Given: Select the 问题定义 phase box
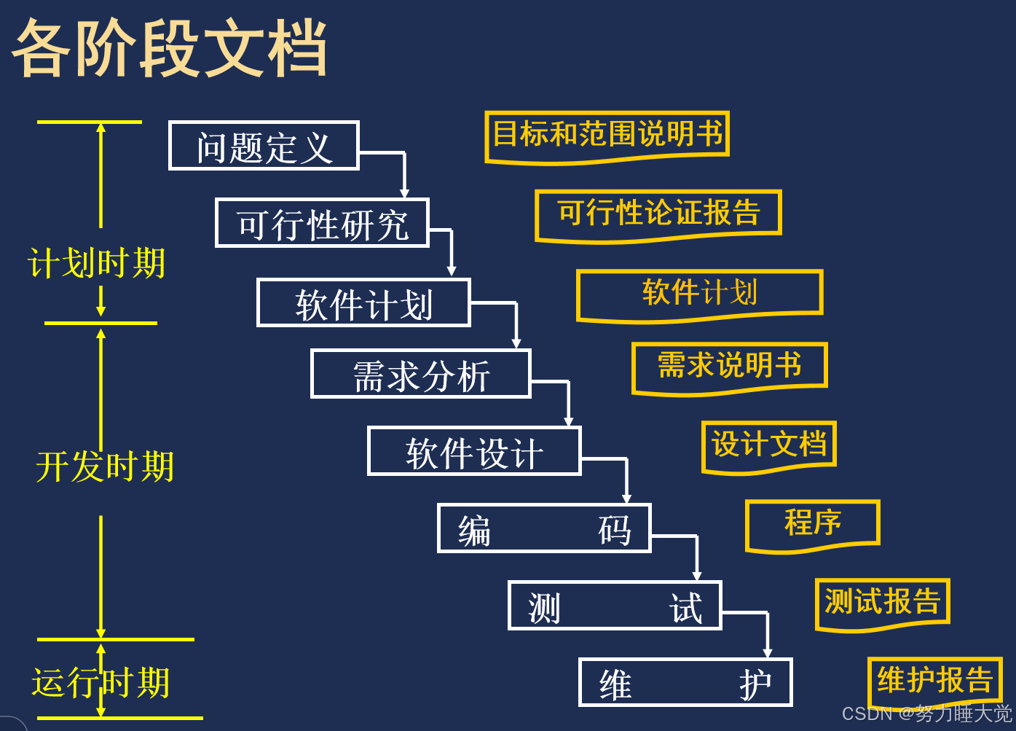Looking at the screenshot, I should tap(264, 146).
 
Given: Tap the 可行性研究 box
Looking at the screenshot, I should tap(322, 223).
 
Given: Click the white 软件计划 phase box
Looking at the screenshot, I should tap(363, 302).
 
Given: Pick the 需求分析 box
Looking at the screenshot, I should tap(420, 374).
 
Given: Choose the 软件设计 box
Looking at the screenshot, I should tap(474, 452).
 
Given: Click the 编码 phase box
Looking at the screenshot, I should tap(543, 528).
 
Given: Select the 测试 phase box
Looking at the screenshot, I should tap(615, 606).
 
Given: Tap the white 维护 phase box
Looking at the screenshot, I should tap(685, 683).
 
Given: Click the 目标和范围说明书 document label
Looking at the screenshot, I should tap(607, 135).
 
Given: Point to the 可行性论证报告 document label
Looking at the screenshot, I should tap(658, 214).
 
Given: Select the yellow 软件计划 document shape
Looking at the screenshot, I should tap(699, 293).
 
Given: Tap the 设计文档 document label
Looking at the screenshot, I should tap(768, 445).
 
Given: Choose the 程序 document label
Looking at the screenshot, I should tap(813, 523).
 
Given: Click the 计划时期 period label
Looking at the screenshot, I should tap(97, 263).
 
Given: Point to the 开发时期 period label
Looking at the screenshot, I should tap(105, 466).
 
